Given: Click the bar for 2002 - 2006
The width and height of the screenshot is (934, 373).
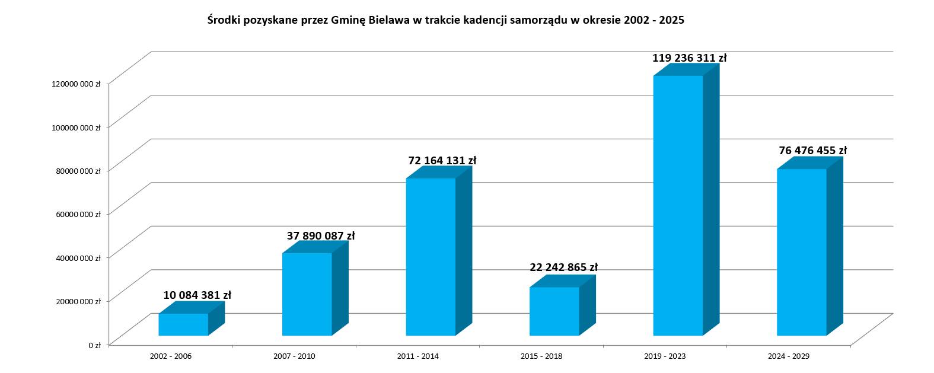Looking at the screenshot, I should click(183, 324).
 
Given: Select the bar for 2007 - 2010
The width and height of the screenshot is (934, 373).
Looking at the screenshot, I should click(307, 294).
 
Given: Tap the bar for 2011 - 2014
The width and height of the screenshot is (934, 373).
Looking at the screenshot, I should click(431, 257).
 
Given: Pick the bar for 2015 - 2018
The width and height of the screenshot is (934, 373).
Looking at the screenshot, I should click(554, 311).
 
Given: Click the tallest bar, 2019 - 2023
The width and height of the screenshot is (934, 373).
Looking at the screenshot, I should click(678, 205).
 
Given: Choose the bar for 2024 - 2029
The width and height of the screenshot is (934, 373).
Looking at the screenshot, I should click(801, 252).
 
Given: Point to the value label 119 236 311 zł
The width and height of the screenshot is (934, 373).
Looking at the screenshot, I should click(689, 58).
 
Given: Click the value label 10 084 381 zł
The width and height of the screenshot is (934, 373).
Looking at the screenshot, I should click(197, 295).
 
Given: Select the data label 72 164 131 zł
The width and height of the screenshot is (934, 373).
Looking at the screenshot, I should click(442, 161).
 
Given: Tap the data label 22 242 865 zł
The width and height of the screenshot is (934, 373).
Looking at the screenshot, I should click(563, 267).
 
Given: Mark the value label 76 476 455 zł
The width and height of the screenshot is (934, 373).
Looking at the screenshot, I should click(812, 151).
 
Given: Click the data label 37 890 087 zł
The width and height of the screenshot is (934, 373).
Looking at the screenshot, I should click(320, 236).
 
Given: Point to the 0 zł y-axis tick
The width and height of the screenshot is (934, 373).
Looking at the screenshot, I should click(94, 345).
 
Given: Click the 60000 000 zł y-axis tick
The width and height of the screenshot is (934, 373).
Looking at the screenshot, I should click(79, 214).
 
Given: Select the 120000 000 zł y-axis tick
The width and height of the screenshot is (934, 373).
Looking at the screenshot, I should click(76, 84).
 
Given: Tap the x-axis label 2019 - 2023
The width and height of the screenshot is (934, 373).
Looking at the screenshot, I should click(665, 356).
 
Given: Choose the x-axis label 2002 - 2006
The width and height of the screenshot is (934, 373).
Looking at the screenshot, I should click(171, 356).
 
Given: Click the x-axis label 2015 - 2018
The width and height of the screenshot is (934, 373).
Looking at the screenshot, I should click(541, 356).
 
